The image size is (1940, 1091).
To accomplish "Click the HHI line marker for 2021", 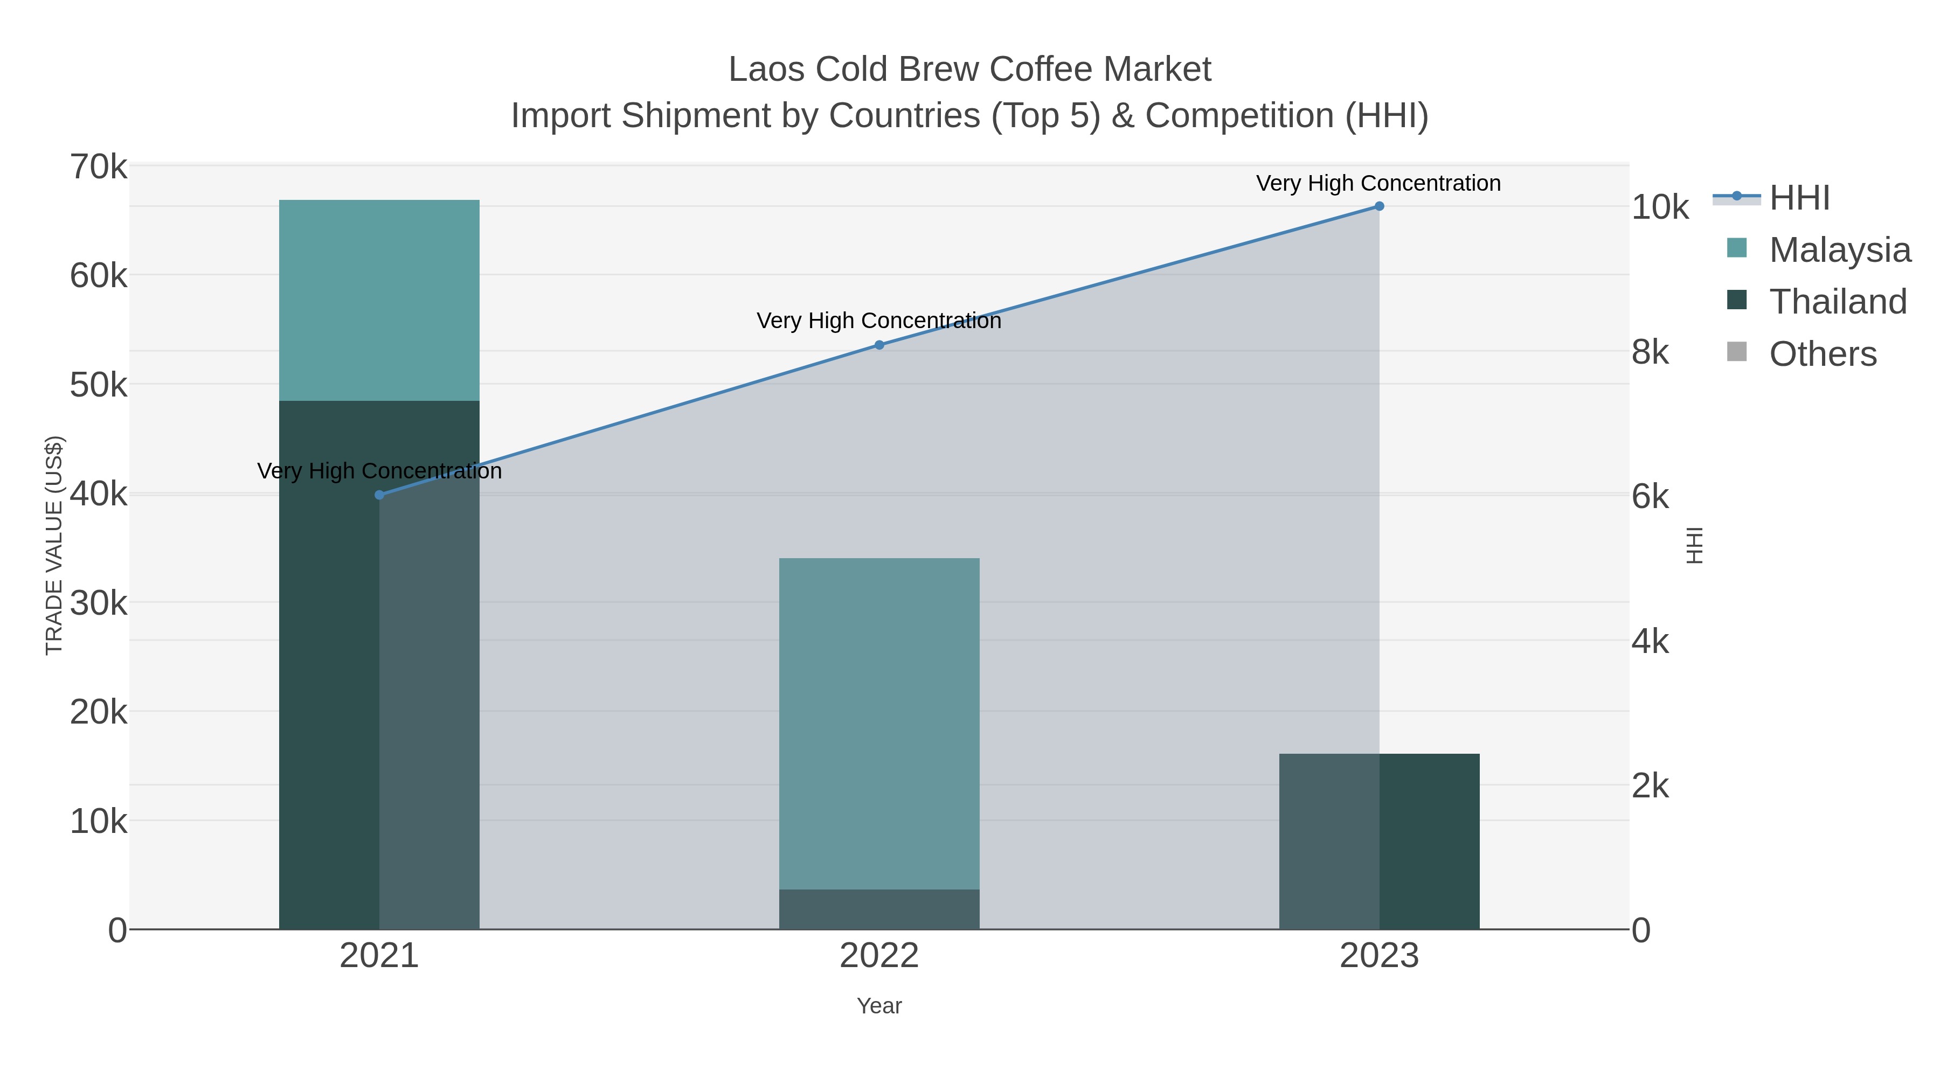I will point(379,495).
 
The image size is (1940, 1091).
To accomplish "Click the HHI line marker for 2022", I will point(879,345).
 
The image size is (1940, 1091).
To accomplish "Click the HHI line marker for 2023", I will point(1379,206).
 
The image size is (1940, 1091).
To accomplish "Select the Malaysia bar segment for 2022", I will point(879,723).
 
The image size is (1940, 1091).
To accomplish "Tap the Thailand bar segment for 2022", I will point(879,909).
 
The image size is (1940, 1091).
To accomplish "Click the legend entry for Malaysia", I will point(1839,250).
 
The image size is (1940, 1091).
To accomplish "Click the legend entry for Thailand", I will point(1838,302).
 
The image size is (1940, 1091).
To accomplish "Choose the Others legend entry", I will point(1823,354).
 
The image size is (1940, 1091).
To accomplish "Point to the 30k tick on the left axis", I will point(99,603).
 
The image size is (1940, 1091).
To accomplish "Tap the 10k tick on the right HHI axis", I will point(1660,208).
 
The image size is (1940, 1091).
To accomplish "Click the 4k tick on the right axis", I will point(1650,642).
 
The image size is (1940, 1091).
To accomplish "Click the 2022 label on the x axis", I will point(879,956).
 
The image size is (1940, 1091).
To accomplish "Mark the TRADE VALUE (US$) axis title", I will point(54,545).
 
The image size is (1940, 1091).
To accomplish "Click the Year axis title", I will point(879,1006).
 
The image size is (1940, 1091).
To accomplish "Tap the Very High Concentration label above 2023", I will point(1378,184).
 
